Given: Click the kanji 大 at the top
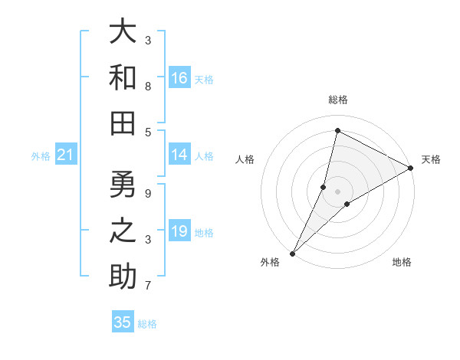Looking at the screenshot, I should [x=123, y=32].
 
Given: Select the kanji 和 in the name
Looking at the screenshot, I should [x=123, y=77].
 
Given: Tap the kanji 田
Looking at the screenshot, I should [x=123, y=122].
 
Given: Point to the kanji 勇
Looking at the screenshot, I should [x=123, y=185].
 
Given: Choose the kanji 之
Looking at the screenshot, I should [x=123, y=231].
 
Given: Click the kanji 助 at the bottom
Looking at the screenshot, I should [x=123, y=276].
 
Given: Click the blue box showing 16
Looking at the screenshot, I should [x=179, y=78].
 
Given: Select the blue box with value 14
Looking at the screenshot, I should [x=179, y=155].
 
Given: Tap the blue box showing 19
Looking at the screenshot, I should [x=179, y=231].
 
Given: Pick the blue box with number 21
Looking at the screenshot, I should [x=65, y=155].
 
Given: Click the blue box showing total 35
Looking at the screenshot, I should [x=123, y=322].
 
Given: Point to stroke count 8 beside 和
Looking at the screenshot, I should [x=148, y=87].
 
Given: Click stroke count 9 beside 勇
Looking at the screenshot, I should [x=148, y=194].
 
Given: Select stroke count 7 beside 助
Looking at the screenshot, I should [x=148, y=286].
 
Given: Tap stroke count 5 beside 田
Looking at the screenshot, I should [x=148, y=132].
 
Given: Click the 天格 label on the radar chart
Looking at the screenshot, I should [x=431, y=159].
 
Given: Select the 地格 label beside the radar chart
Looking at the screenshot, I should [x=402, y=263].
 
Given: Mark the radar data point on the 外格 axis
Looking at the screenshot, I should [x=293, y=253].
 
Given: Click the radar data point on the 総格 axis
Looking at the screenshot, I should [x=337, y=130].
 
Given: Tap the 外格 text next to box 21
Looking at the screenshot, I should [x=41, y=156].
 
